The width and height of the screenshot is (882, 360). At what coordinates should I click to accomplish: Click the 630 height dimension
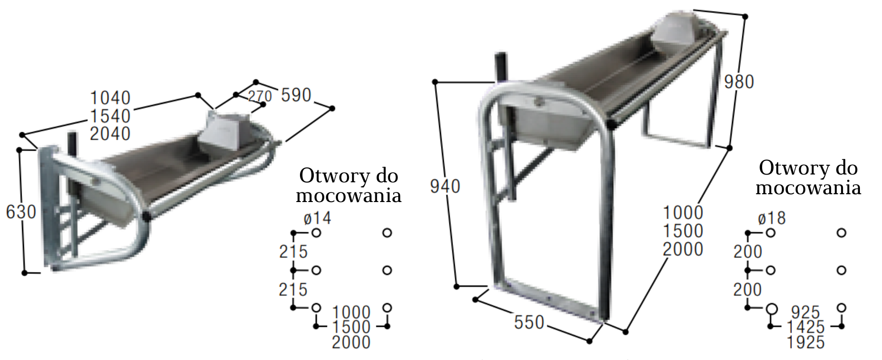click(21, 212)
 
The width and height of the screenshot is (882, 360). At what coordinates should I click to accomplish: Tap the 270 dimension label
click(260, 96)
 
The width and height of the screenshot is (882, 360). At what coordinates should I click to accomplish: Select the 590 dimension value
click(296, 95)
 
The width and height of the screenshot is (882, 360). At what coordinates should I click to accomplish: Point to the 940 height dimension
click(445, 186)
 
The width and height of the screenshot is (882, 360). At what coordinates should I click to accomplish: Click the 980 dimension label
click(739, 82)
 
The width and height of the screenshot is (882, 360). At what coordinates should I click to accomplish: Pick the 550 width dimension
click(529, 322)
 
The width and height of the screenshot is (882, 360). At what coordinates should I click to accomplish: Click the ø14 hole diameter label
click(317, 218)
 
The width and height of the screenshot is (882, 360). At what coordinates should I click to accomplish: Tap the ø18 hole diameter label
click(772, 218)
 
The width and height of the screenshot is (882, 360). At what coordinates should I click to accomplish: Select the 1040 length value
click(110, 98)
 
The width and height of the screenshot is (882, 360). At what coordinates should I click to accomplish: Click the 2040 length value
click(110, 134)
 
